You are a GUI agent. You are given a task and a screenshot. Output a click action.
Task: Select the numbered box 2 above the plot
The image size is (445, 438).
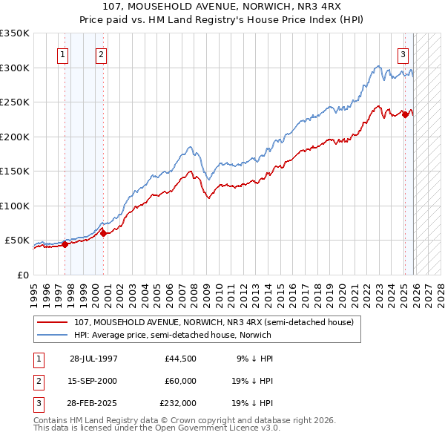click(100, 53)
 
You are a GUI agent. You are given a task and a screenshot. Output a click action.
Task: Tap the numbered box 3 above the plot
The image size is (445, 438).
click(403, 53)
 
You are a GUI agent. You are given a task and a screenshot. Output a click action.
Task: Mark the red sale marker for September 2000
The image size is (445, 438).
click(103, 233)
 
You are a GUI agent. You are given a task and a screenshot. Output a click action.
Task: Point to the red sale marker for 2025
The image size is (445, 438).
click(405, 114)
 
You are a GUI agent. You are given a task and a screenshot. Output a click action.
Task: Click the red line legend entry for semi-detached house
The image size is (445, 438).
click(215, 322)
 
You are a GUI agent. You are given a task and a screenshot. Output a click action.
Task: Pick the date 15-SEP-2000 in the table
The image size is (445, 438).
click(93, 380)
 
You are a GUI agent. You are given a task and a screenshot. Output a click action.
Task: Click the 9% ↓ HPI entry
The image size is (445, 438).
click(256, 358)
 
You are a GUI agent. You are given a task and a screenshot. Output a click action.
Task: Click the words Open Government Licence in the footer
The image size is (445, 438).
click(222, 428)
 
